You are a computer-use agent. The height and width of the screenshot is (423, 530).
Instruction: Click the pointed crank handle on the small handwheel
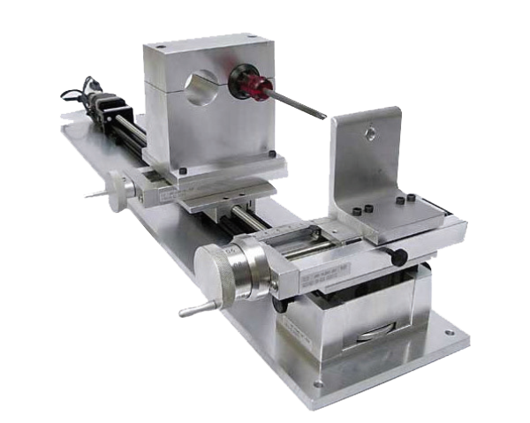(x=93, y=193)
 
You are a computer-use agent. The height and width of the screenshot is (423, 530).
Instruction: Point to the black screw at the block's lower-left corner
(x=181, y=170)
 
